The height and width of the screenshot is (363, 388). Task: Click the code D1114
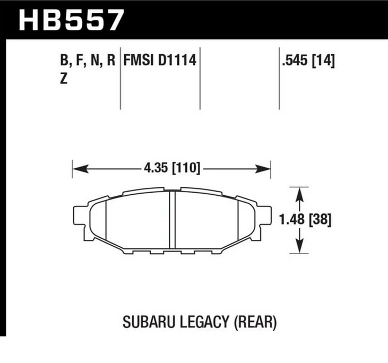pos(177,60)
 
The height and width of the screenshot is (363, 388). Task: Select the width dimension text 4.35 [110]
pos(171,169)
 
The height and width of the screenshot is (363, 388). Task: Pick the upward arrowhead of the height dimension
pos(300,191)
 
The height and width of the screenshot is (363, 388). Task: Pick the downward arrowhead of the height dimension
pos(300,247)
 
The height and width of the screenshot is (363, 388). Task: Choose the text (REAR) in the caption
pos(254,321)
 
